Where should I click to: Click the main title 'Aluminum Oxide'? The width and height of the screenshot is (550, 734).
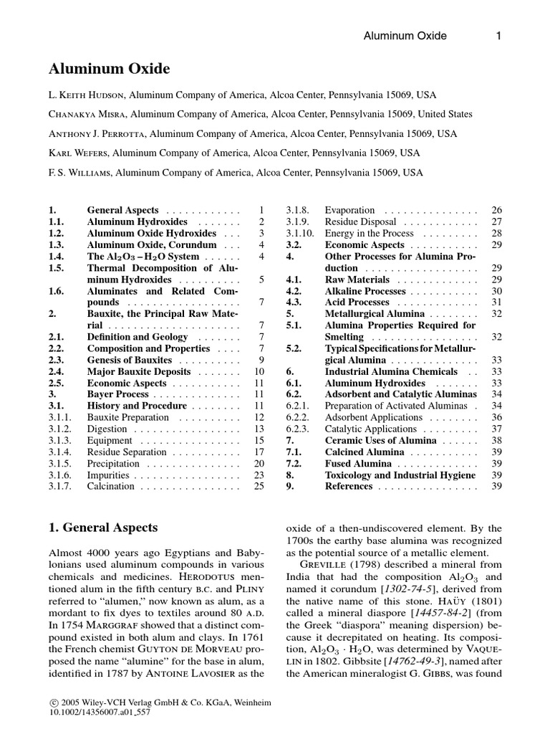109,69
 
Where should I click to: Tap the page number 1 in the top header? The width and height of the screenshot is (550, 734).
498,36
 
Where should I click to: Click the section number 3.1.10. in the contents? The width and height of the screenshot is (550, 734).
300,234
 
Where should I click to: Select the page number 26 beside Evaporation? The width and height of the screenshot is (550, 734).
496,211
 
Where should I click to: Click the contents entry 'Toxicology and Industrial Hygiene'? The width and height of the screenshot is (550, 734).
400,475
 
